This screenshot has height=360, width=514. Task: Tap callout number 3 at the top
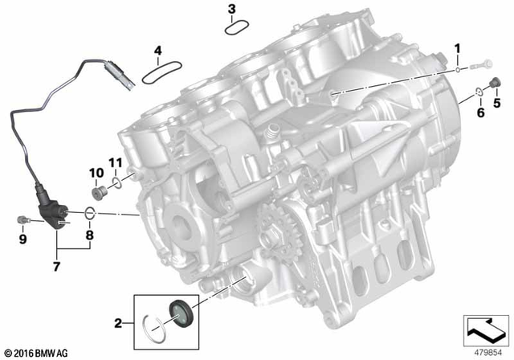click(x=231, y=10)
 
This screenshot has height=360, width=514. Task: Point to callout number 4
click(x=158, y=51)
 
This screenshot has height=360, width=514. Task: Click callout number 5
click(x=496, y=103)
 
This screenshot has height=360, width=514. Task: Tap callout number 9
click(x=22, y=239)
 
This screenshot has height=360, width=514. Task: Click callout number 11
click(x=114, y=164)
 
